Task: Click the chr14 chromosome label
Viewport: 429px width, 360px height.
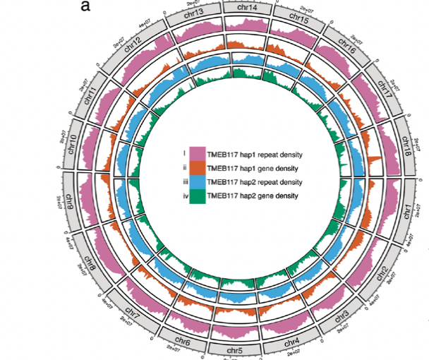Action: [x=248, y=8]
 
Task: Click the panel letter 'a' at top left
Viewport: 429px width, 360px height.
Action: [x=86, y=7]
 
